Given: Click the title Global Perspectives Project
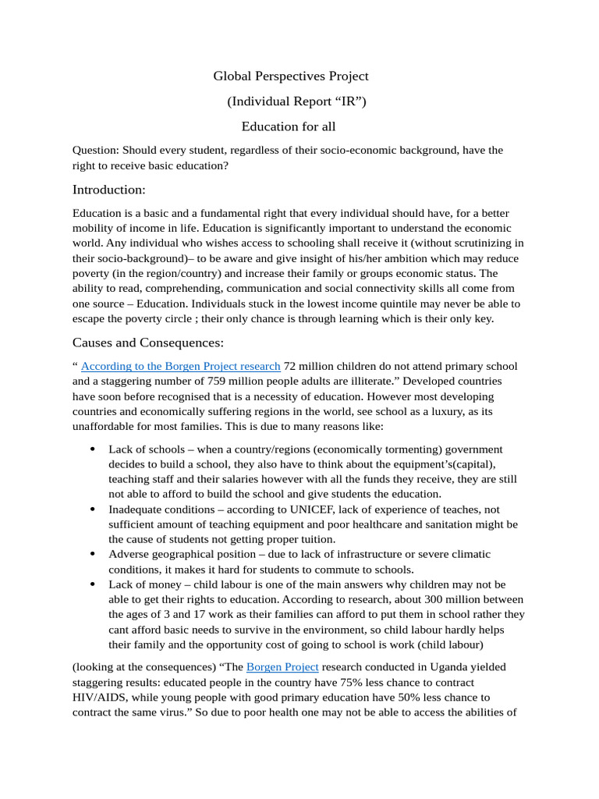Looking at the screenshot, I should (x=291, y=76).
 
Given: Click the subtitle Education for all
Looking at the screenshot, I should (x=289, y=126).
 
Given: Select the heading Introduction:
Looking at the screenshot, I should (x=109, y=190).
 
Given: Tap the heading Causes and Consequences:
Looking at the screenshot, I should (x=148, y=343).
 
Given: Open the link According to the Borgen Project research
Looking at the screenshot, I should (x=180, y=366).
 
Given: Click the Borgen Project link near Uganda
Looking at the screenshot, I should (x=282, y=667).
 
